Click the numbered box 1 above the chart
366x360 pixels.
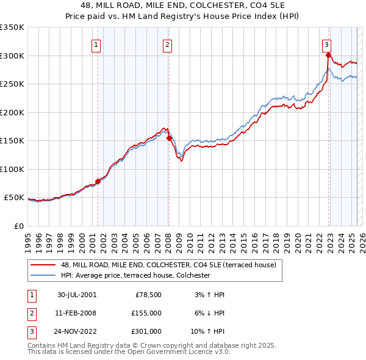[x=97, y=44]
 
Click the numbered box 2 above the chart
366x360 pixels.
[x=167, y=44]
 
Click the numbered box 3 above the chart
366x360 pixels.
[x=327, y=44]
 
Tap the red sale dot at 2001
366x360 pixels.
[x=98, y=181]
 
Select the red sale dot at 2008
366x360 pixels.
[x=169, y=138]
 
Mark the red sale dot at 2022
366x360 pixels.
[x=328, y=55]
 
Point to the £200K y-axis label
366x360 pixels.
[x=12, y=112]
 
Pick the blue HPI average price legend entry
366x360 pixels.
[x=135, y=276]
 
